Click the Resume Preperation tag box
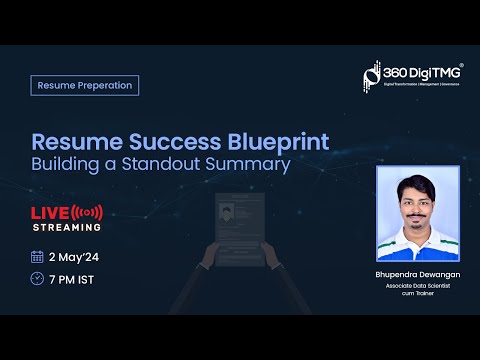pos(84,85)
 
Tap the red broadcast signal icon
pos(88,212)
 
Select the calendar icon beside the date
pos(38,256)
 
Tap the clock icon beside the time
pos(38,278)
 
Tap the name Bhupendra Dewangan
pos(417,272)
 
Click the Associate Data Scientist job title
pos(417,285)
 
